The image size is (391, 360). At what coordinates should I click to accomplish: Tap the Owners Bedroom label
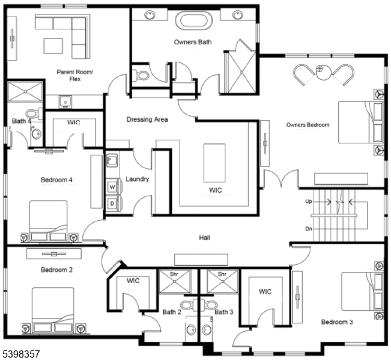click(308, 125)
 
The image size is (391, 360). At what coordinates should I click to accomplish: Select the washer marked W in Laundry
click(112, 187)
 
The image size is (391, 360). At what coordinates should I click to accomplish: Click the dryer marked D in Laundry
click(112, 204)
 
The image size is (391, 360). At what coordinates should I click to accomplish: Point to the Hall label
click(205, 238)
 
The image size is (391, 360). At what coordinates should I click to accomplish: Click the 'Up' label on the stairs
click(309, 202)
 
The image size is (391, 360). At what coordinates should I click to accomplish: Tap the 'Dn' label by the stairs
click(309, 229)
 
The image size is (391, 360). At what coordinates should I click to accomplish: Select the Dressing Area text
click(147, 119)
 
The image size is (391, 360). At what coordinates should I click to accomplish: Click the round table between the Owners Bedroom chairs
click(323, 70)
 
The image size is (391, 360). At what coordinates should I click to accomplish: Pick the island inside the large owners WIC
click(214, 162)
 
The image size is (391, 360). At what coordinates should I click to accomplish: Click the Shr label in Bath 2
click(174, 274)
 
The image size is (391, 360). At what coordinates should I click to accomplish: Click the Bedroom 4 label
click(56, 179)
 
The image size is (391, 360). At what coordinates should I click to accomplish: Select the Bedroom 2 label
click(56, 270)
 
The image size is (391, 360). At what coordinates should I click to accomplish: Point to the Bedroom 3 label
click(336, 322)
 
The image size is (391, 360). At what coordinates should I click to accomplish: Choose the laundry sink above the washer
click(112, 160)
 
